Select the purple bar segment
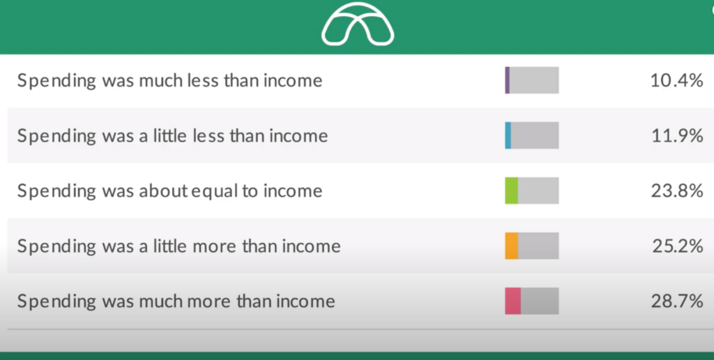[508, 80]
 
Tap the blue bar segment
[508, 135]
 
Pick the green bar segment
[511, 190]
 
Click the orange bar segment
[511, 246]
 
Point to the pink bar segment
[512, 301]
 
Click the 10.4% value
[676, 81]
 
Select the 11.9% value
[677, 136]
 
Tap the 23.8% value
[677, 191]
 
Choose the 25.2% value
[678, 246]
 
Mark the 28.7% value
[677, 301]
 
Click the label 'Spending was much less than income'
[170, 81]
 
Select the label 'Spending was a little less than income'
[173, 136]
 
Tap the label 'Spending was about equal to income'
[170, 191]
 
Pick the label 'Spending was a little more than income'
[179, 246]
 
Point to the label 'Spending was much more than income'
[176, 301]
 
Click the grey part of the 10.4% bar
[534, 80]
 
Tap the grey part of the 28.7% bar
[540, 301]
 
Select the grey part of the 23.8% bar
[538, 190]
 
